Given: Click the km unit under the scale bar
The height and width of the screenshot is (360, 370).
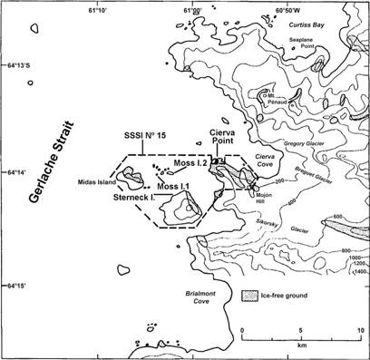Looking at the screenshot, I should [301, 346].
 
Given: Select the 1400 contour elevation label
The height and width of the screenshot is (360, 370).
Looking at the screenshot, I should [358, 272].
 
